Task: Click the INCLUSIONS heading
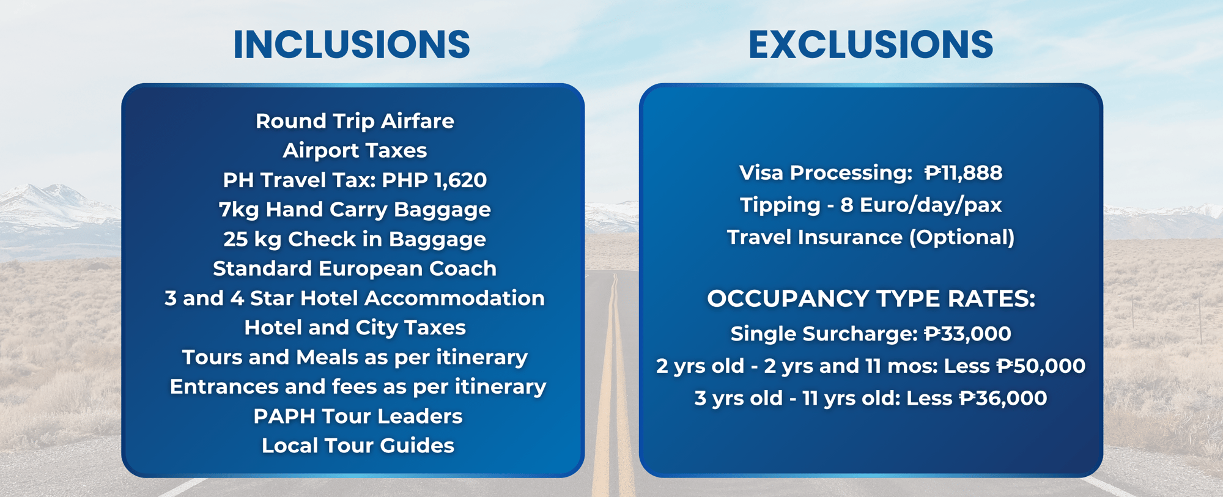(x=352, y=45)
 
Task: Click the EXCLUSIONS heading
(x=871, y=45)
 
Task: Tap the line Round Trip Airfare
(x=355, y=122)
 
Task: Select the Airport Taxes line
(x=355, y=150)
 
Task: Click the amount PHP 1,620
(x=434, y=180)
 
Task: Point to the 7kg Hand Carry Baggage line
(x=355, y=210)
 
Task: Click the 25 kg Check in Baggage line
(x=355, y=240)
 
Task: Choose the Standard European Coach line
(x=355, y=269)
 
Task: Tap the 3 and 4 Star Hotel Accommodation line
(x=355, y=298)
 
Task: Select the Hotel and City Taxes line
(x=355, y=328)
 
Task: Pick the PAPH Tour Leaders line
(x=358, y=416)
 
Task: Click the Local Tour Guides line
(x=358, y=446)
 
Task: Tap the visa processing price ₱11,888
(x=963, y=173)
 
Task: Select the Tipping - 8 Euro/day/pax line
(x=871, y=205)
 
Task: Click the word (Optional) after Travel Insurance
(x=962, y=238)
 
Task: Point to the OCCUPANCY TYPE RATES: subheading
(x=871, y=299)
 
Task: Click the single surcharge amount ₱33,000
(x=967, y=334)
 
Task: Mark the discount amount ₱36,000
(x=1003, y=399)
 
